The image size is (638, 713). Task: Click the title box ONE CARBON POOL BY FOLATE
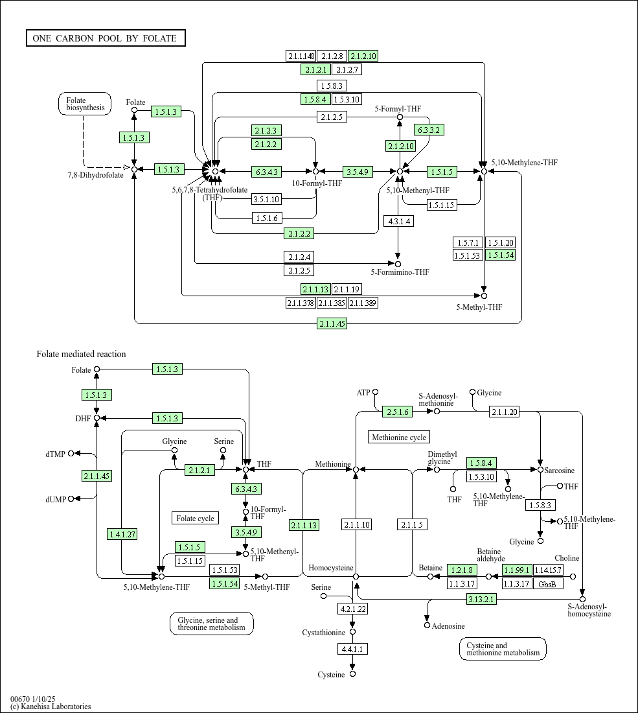tap(106, 38)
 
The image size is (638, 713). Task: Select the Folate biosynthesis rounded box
tap(85, 104)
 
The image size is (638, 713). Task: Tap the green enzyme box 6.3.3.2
tap(429, 130)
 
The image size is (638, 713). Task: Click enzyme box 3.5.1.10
tap(267, 199)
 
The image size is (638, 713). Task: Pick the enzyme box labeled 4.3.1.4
tap(398, 221)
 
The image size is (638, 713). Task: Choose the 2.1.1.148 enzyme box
tap(301, 56)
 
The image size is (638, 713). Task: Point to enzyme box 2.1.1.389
tap(363, 303)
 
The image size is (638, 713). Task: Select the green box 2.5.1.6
tap(398, 412)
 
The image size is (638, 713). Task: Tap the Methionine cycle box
tap(399, 438)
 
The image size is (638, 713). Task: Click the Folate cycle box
tap(196, 518)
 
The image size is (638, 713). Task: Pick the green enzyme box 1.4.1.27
tap(122, 534)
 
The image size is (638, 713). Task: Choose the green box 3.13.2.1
tap(481, 599)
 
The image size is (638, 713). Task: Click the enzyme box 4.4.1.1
tap(352, 648)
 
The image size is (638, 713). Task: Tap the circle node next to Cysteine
tap(352, 674)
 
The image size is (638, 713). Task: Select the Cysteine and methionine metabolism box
tap(503, 649)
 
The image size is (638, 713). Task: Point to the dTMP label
tap(56, 454)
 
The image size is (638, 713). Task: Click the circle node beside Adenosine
tap(427, 625)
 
